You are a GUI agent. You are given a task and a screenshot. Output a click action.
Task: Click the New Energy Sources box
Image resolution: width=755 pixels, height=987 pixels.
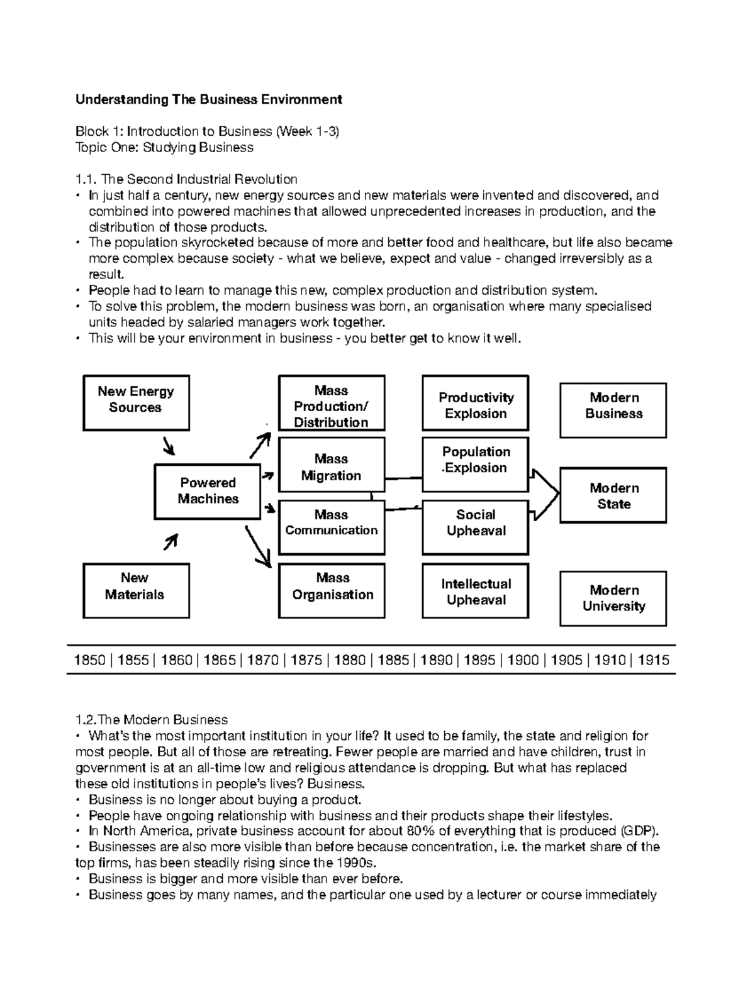point(136,402)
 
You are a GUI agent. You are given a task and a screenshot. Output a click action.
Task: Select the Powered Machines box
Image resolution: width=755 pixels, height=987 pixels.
point(208,492)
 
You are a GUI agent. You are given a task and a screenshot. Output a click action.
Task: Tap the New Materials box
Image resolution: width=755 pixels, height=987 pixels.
point(136,590)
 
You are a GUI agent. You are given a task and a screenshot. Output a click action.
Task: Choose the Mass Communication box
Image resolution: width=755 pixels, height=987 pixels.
point(331,527)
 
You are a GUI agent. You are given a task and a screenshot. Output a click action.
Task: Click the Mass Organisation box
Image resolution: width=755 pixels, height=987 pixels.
point(332,590)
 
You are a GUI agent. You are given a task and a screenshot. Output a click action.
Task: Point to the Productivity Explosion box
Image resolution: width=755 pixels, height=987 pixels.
point(475,403)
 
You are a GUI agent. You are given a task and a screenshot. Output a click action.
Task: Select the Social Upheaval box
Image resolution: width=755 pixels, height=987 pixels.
point(475,527)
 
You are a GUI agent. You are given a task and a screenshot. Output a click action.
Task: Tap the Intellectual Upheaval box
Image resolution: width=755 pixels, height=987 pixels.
point(475,590)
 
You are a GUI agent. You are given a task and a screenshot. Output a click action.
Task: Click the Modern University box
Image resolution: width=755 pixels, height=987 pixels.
point(613,598)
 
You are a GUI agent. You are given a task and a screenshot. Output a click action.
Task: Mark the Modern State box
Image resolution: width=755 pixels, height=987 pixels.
point(613,495)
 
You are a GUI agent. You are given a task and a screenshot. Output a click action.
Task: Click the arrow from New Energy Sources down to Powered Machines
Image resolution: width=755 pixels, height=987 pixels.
point(169,446)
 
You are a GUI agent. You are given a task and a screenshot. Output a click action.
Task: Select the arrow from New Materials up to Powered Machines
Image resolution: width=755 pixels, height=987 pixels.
point(171,541)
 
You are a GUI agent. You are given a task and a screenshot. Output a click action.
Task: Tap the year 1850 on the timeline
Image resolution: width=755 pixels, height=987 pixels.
point(89,660)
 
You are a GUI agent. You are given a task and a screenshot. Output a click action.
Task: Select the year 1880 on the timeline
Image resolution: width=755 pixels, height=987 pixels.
point(349,660)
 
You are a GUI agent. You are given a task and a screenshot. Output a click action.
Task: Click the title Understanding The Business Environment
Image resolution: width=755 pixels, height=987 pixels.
point(208,99)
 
